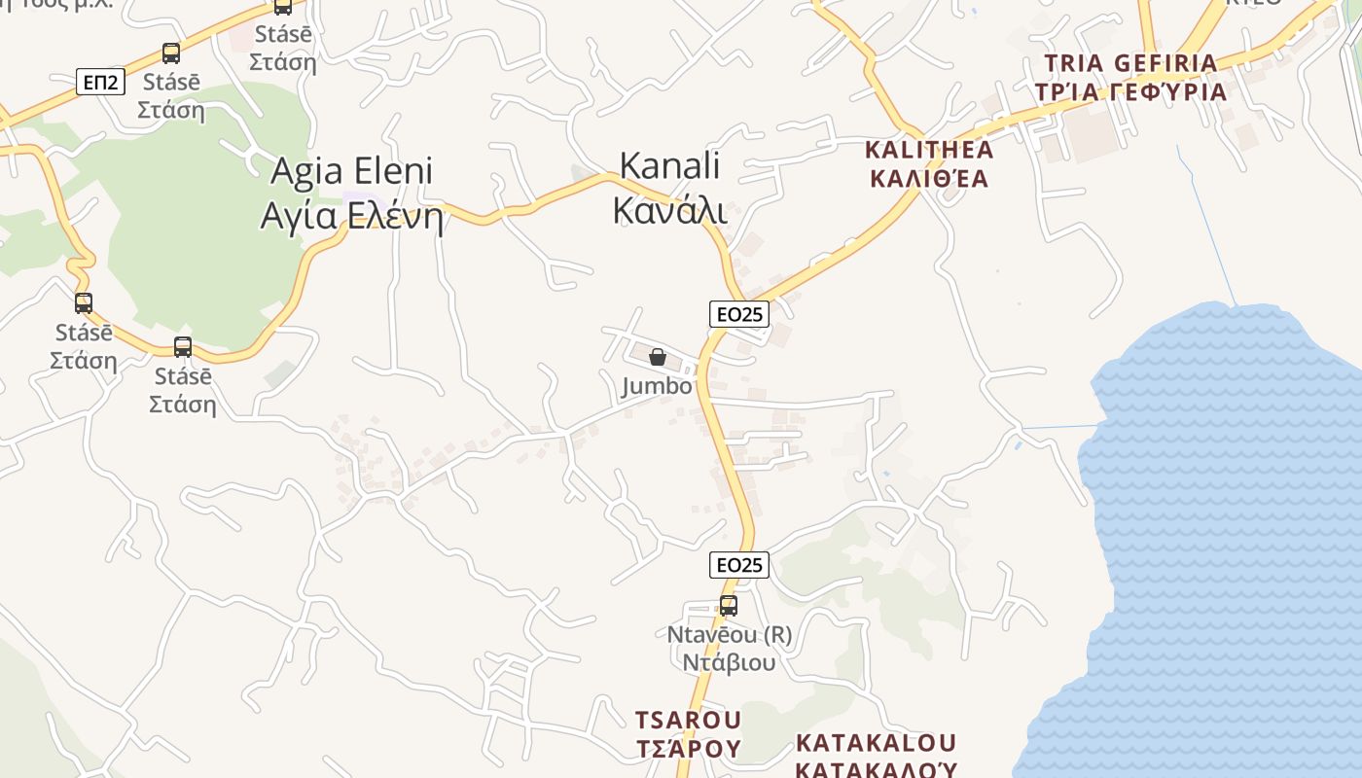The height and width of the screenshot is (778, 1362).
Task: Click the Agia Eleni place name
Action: point(351,171)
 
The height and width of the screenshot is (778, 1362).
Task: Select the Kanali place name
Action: point(670,165)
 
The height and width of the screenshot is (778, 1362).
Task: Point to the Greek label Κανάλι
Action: point(670,209)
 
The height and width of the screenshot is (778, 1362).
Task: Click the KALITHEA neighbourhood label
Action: point(929,150)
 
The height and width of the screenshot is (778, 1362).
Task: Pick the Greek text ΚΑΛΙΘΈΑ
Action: point(929,179)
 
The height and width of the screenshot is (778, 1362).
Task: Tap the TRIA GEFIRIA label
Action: point(1130,63)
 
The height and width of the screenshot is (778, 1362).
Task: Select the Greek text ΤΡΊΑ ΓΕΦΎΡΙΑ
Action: point(1130,92)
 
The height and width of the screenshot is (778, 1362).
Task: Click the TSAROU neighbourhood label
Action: point(688,721)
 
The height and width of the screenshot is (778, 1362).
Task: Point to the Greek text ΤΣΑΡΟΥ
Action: point(688,749)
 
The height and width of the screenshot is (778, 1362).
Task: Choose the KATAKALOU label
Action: point(877,743)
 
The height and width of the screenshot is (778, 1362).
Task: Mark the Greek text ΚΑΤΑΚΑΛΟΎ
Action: point(877,769)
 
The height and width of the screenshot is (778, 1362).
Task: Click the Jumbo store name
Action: point(658,386)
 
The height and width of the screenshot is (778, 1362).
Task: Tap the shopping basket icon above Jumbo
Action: point(658,357)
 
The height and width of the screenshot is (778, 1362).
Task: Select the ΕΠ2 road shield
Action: point(100,82)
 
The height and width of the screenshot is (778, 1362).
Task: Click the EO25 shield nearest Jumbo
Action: point(738,313)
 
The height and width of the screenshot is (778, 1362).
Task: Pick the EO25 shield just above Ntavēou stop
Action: point(738,565)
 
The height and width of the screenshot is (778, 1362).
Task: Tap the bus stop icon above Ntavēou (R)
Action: point(728,606)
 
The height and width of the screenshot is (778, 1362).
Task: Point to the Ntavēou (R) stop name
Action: point(729,635)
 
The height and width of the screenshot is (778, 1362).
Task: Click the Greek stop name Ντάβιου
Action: point(729,663)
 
